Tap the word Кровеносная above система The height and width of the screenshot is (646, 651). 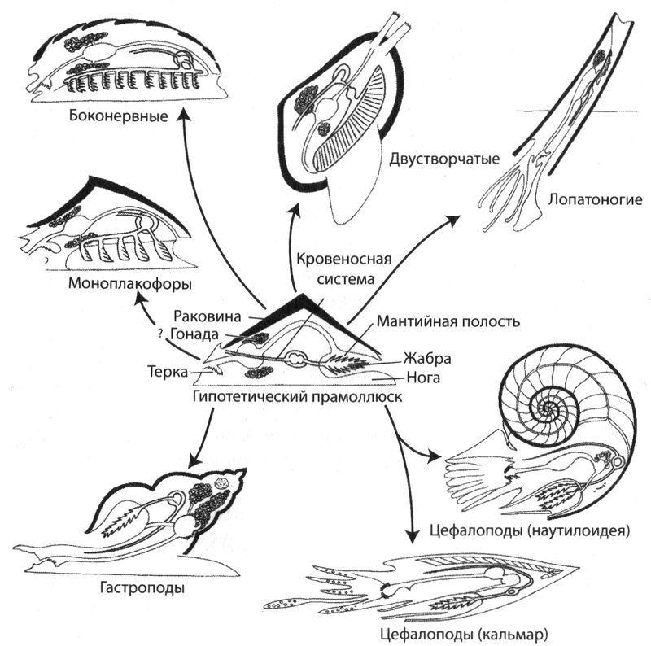[x=342, y=261]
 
